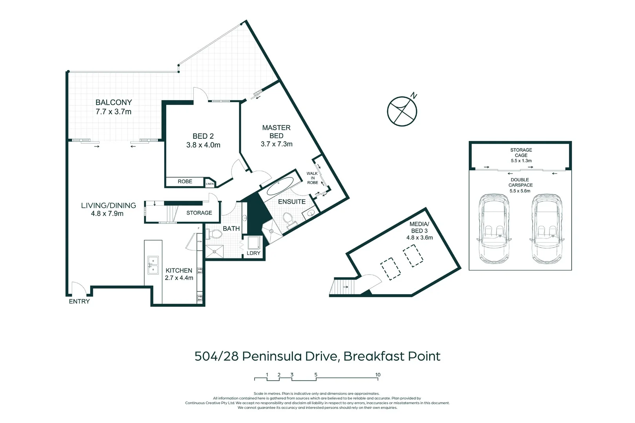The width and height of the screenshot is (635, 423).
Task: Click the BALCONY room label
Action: click(x=114, y=102)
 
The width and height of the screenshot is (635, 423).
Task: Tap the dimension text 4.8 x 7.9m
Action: click(x=107, y=214)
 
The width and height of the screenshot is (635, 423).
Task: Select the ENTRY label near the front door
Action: click(x=79, y=301)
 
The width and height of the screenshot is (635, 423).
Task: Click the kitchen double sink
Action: click(x=153, y=265)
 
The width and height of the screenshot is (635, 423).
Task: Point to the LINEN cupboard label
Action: click(x=210, y=184)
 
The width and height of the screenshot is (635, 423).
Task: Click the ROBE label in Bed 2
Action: click(x=185, y=181)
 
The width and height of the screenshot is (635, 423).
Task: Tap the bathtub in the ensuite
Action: click(x=280, y=186)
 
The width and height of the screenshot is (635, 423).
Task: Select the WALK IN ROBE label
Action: click(x=313, y=178)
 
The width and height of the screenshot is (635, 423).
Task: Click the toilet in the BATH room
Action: click(x=214, y=234)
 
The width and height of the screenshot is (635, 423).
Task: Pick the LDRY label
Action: click(x=253, y=253)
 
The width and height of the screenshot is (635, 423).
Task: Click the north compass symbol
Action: click(x=402, y=111)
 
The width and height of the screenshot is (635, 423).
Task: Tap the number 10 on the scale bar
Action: click(x=378, y=375)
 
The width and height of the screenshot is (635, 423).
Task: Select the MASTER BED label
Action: click(x=276, y=132)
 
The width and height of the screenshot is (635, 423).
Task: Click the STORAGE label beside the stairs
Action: click(x=199, y=213)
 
